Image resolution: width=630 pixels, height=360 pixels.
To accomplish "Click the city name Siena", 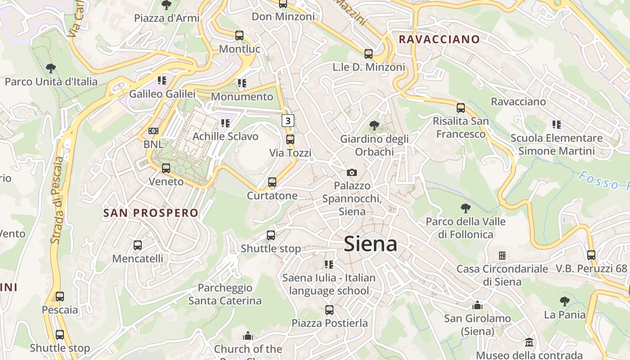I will tap(370, 244).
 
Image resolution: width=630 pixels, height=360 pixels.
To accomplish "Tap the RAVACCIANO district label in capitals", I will tap(439, 39).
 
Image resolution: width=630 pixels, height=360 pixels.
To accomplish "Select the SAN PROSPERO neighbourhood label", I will tap(151, 213).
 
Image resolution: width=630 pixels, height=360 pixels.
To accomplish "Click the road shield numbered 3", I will tap(288, 121).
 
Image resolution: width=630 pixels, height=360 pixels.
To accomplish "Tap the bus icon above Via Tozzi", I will tap(290, 139).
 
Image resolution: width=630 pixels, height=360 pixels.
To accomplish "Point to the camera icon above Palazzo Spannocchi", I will tap(352, 172).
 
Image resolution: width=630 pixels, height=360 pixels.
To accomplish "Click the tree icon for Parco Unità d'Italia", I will tap(51, 68).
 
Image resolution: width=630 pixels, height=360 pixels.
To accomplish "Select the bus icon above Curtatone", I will tap(272, 182).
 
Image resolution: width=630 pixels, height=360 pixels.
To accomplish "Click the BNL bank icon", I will tap(153, 131).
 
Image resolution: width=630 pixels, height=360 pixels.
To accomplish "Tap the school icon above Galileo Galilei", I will tap(162, 81).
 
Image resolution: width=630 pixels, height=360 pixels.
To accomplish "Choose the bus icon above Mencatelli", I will tap(138, 245).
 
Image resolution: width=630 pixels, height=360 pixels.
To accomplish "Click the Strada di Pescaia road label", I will tap(57, 200).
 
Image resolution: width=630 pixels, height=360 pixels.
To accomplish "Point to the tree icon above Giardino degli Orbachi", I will tap(374, 125).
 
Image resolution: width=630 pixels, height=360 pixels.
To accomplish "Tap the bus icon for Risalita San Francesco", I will tap(461, 108).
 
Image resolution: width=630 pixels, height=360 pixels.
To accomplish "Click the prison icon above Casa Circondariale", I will tap(502, 256).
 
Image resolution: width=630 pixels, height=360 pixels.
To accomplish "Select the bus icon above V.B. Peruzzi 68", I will tap(591, 255).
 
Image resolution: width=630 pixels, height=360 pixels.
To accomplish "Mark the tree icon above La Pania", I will tap(565, 301).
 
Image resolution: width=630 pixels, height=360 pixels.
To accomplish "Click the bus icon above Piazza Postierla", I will tap(329, 310).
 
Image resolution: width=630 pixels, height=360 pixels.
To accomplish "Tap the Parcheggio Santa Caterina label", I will tap(225, 294).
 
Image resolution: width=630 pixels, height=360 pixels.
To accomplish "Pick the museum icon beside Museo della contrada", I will tap(529, 342).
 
